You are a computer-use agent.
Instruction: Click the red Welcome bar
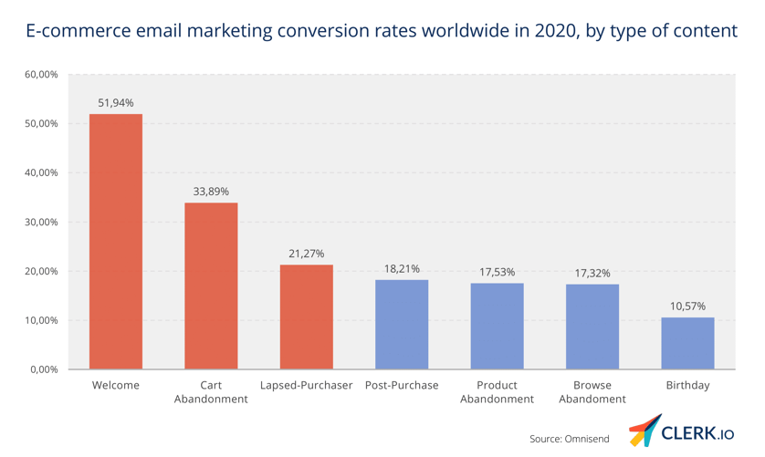[x=116, y=242]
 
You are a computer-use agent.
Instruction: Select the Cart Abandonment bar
[x=211, y=286]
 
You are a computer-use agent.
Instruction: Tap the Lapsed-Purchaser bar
[x=306, y=317]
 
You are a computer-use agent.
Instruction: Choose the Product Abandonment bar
[x=497, y=326]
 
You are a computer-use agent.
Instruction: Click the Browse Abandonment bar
[x=592, y=327]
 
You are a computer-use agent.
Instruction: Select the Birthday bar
[x=687, y=343]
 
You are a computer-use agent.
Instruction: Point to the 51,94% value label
[x=116, y=103]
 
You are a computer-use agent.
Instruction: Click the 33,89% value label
[x=211, y=192]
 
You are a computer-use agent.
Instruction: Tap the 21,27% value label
[x=306, y=254]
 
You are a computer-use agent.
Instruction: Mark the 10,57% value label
[x=687, y=306]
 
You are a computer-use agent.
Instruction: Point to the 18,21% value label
[x=402, y=269]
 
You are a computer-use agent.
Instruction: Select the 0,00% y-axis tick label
[x=43, y=369]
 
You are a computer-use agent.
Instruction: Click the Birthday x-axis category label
[x=687, y=386]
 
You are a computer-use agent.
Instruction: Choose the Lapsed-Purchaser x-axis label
[x=306, y=386]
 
